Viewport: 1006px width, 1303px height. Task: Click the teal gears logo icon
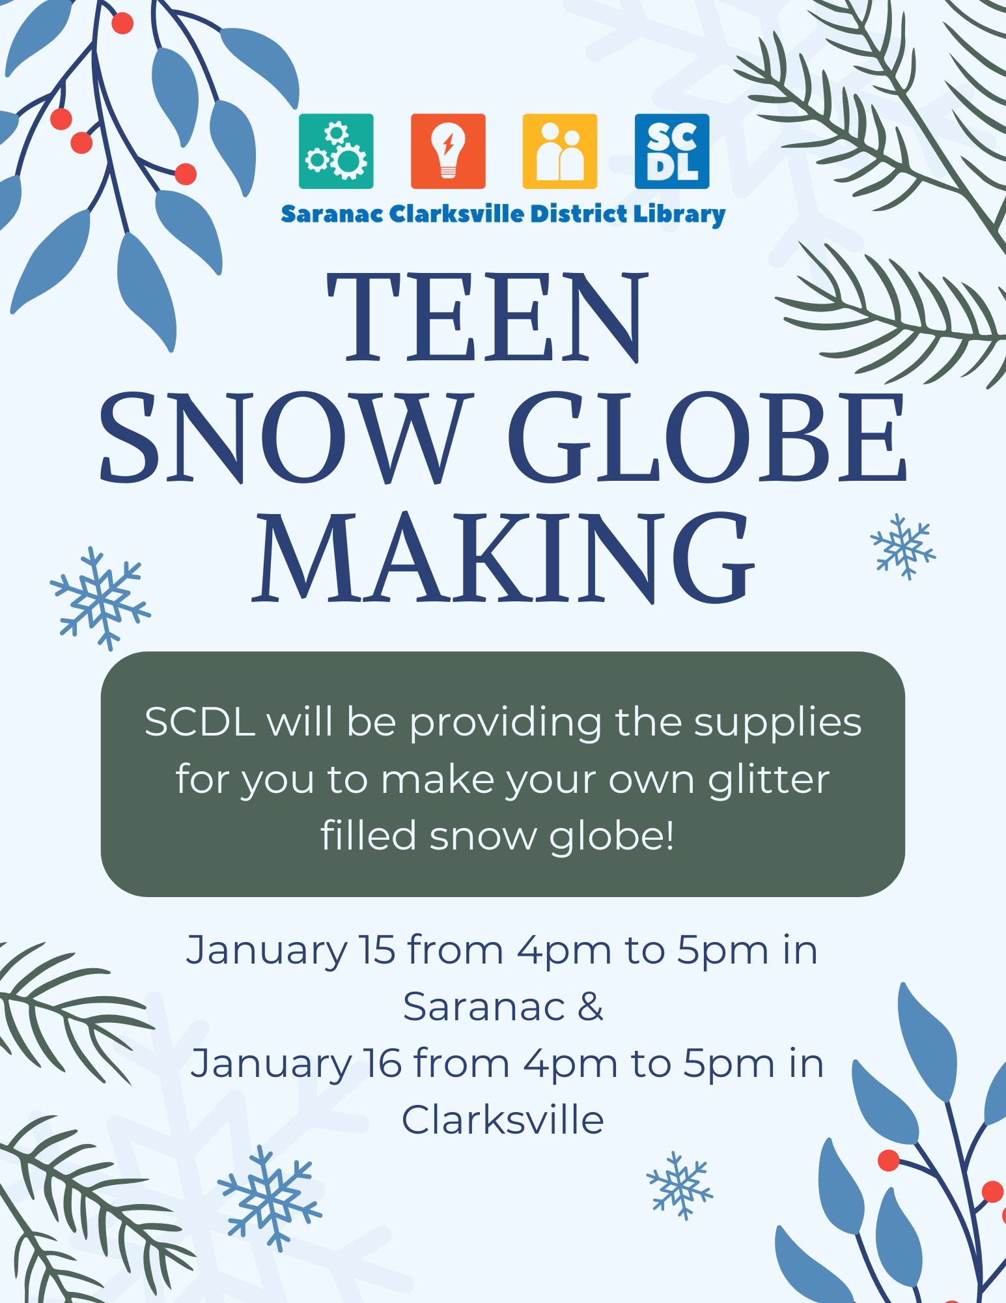(336, 151)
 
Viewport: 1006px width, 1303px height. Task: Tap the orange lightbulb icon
(448, 151)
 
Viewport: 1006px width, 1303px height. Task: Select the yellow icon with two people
(560, 151)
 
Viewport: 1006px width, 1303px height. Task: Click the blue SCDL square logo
(672, 151)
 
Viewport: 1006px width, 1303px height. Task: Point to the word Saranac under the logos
(332, 214)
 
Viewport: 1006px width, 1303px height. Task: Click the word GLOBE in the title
(707, 438)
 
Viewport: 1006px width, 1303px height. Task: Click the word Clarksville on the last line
(503, 1121)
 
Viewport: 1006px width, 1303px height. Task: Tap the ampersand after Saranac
(591, 1007)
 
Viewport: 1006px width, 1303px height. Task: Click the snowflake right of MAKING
(904, 547)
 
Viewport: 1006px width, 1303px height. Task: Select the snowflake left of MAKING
(100, 599)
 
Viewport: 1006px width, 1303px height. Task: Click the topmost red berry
(122, 23)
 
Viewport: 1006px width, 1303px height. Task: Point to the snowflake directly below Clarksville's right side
(679, 1186)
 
